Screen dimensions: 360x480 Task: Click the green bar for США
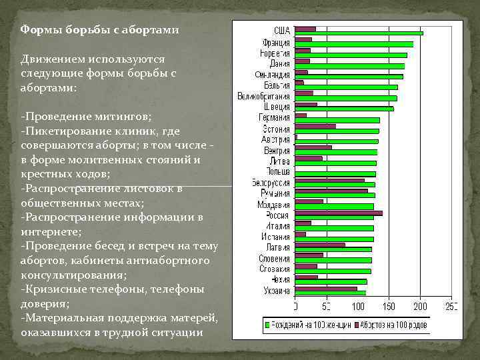359,33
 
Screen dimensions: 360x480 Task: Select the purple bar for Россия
339,213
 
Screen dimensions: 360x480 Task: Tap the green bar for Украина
330,293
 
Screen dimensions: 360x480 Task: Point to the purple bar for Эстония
315,126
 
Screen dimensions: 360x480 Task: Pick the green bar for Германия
337,120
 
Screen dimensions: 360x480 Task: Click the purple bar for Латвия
320,245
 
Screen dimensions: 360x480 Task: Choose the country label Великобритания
264,96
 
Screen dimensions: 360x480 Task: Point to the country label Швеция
277,107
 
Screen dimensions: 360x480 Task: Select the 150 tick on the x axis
390,307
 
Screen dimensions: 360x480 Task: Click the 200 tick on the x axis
421,307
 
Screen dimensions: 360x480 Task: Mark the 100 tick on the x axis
359,307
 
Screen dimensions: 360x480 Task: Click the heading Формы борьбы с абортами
99,30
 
